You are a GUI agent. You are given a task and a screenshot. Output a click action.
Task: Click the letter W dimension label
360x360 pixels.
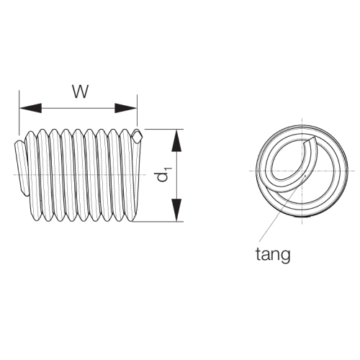pyautogui.click(x=80, y=91)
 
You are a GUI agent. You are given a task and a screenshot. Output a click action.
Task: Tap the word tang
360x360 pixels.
pyautogui.click(x=273, y=256)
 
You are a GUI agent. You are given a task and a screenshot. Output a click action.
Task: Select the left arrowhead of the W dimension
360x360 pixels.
pyautogui.click(x=30, y=108)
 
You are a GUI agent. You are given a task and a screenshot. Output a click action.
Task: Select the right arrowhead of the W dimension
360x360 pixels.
pyautogui.click(x=125, y=108)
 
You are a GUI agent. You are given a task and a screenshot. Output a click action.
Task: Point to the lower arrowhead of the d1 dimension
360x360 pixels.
pyautogui.click(x=176, y=210)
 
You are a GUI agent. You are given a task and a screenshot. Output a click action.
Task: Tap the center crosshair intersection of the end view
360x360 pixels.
pyautogui.click(x=302, y=171)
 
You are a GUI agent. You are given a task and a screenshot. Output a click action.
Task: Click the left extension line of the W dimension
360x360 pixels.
pyautogui.click(x=19, y=112)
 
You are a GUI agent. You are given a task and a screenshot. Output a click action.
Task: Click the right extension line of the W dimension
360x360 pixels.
pyautogui.click(x=137, y=110)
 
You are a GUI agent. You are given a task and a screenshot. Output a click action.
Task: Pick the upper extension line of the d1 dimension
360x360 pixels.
pyautogui.click(x=164, y=129)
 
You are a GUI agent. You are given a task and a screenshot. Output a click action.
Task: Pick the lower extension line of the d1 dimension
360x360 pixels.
pyautogui.click(x=158, y=222)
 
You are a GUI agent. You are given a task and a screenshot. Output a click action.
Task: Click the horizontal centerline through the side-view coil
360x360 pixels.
pyautogui.click(x=79, y=174)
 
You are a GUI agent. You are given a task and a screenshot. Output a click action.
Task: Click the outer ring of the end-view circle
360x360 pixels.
pyautogui.click(x=258, y=171)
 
